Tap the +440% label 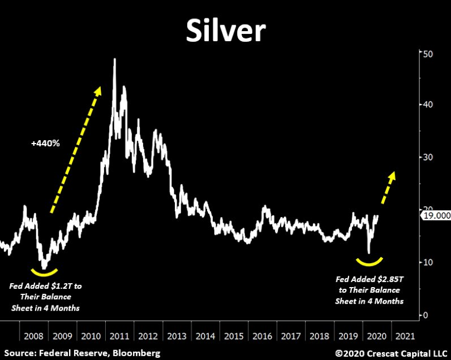point(46,143)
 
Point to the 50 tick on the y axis point(428,53)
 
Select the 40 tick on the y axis point(428,105)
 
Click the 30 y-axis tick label point(428,157)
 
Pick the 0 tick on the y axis point(426,315)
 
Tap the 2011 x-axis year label point(120,336)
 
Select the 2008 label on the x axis point(35,336)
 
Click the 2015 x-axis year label point(233,336)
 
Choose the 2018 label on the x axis point(318,336)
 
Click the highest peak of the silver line point(114,60)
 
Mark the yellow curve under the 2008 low point(44,272)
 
